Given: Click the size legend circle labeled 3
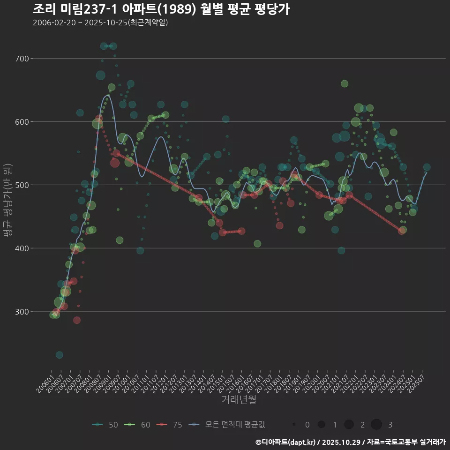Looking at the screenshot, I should (x=376, y=425).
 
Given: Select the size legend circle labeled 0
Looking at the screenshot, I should (x=293, y=425).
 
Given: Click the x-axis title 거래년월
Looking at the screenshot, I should (x=239, y=400).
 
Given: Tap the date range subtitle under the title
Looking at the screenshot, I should (x=100, y=22).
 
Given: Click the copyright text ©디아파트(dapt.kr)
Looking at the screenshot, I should (x=286, y=442).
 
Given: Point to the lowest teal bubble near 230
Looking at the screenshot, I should (x=59, y=355).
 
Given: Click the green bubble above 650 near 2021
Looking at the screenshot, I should (x=345, y=83).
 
